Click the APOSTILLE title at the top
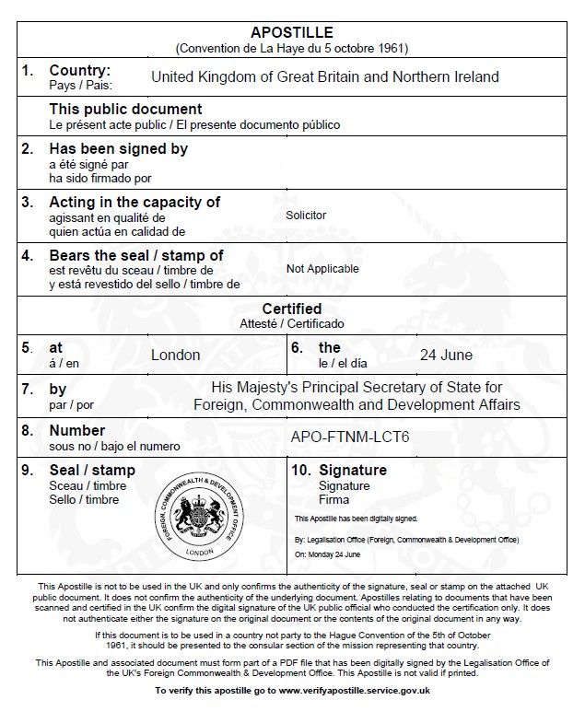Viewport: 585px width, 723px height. (292, 32)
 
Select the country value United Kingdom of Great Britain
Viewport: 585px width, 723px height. (324, 76)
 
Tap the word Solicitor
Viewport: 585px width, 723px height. (306, 216)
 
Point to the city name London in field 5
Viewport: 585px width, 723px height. (175, 355)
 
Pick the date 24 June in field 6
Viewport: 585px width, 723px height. (446, 355)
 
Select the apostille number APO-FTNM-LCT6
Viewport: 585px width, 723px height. (349, 436)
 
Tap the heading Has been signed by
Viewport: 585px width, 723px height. (118, 148)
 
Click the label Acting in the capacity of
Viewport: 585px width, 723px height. (135, 202)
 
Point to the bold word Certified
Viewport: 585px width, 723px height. (292, 309)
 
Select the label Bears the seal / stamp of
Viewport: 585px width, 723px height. (135, 255)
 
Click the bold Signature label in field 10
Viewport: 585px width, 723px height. (353, 470)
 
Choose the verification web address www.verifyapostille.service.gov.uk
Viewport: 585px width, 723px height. (354, 690)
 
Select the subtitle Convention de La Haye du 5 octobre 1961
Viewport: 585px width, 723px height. (292, 47)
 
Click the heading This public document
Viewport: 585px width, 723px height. (125, 110)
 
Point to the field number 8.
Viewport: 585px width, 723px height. (28, 430)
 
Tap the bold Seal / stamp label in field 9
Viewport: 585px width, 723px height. (92, 470)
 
